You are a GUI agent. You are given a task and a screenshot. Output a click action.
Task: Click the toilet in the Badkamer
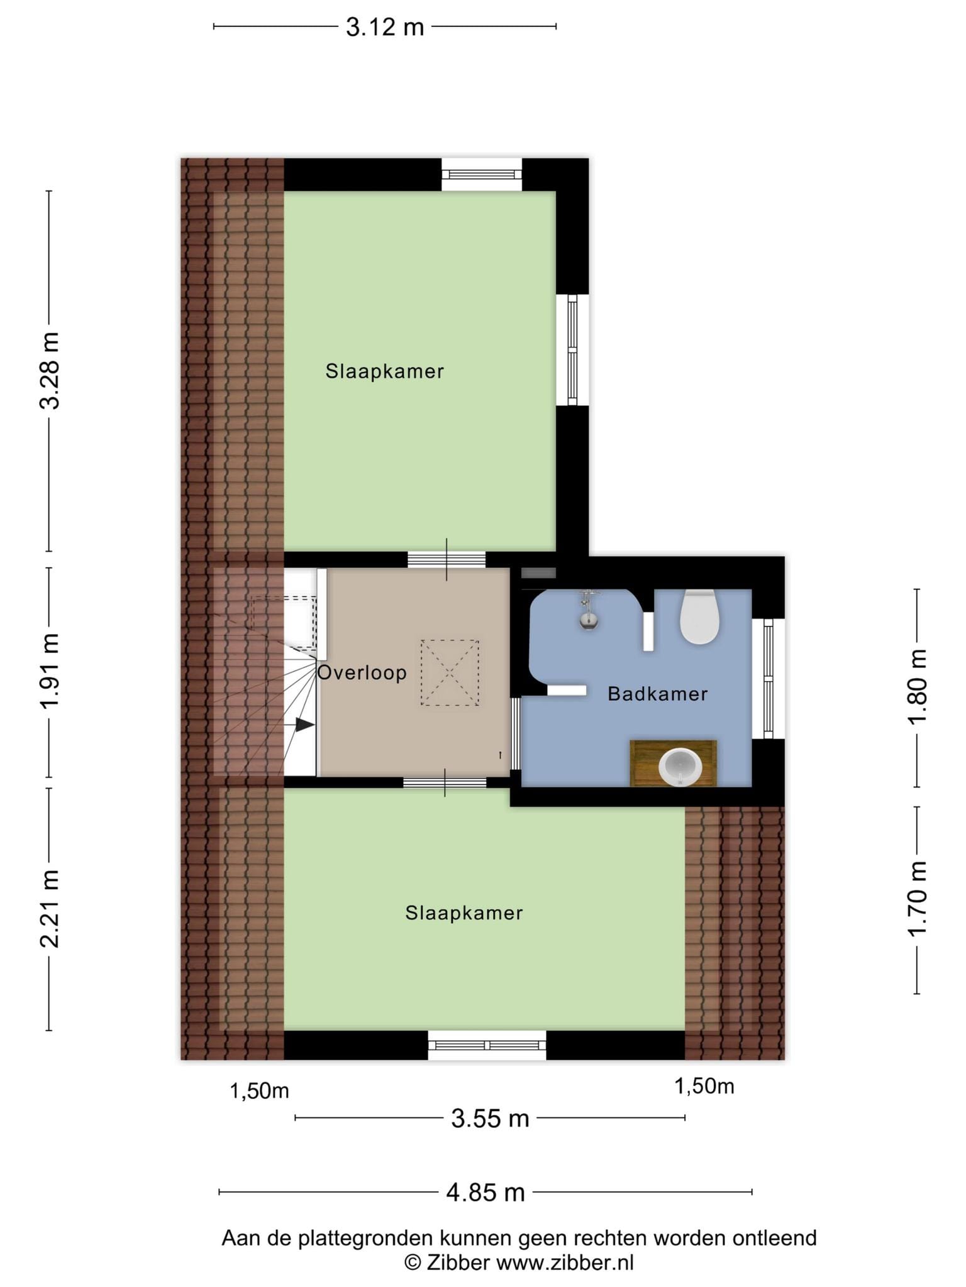pyautogui.click(x=699, y=617)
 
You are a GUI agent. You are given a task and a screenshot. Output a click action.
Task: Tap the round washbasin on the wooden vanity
pyautogui.click(x=680, y=767)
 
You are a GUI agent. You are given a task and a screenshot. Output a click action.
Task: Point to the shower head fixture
pyautogui.click(x=588, y=610)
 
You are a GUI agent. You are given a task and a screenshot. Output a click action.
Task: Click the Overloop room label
pyautogui.click(x=362, y=672)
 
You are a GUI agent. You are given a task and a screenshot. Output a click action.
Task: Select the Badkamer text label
pyautogui.click(x=658, y=694)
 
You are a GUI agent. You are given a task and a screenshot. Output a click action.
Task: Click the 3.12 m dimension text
pyautogui.click(x=385, y=27)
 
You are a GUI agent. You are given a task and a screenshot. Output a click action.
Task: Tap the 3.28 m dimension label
pyautogui.click(x=50, y=371)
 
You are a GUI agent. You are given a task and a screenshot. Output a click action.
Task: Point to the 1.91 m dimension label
pyautogui.click(x=50, y=671)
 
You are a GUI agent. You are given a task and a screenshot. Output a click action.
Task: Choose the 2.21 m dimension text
pyautogui.click(x=50, y=909)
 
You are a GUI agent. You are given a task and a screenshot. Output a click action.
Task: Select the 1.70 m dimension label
pyautogui.click(x=918, y=898)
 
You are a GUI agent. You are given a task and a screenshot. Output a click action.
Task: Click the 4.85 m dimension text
pyautogui.click(x=486, y=1192)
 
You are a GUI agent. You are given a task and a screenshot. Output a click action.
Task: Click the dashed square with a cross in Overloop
pyautogui.click(x=450, y=672)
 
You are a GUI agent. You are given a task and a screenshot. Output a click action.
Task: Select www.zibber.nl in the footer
pyautogui.click(x=565, y=1262)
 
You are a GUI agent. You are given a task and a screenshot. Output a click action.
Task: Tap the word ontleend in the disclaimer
pyautogui.click(x=774, y=1238)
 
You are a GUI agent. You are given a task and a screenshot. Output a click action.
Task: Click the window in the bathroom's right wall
pyautogui.click(x=768, y=679)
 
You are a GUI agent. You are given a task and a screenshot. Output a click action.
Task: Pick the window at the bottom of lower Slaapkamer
pyautogui.click(x=487, y=1045)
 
